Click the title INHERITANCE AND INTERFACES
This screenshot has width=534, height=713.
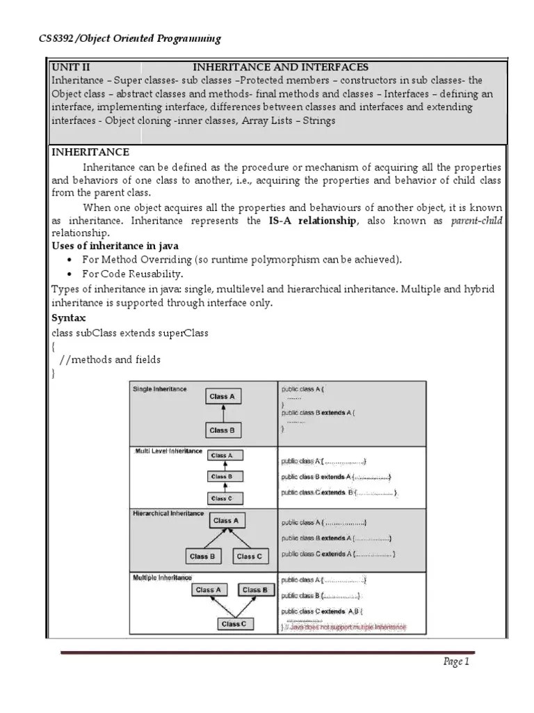click(280, 68)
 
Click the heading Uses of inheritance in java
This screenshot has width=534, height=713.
click(116, 246)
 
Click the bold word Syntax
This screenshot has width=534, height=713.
click(69, 317)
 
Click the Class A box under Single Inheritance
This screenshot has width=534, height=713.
click(222, 397)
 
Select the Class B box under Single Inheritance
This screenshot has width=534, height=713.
click(222, 430)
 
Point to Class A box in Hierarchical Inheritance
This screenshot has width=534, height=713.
click(226, 520)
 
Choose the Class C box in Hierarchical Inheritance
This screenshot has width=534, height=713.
click(249, 556)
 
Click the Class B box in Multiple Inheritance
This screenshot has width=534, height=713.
click(255, 590)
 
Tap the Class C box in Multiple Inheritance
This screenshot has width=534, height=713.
click(233, 624)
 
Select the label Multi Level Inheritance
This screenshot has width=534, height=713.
click(168, 451)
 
